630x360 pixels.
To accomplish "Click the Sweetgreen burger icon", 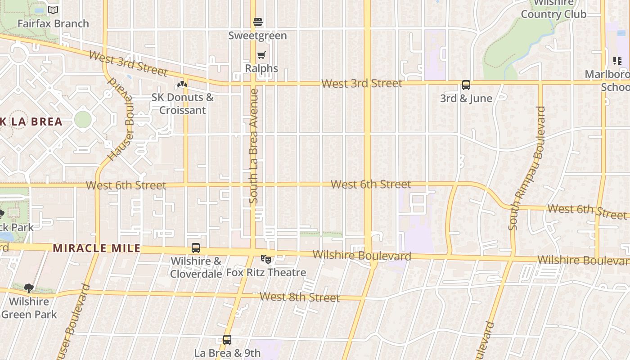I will tap(258, 22).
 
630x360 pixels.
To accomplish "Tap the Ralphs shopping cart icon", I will tap(261, 55).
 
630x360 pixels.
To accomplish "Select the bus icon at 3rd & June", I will tap(466, 85).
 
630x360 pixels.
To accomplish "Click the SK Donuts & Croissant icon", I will tap(182, 84).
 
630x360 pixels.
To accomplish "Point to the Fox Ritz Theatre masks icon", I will tap(266, 259).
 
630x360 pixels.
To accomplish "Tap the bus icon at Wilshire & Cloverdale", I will tap(196, 247).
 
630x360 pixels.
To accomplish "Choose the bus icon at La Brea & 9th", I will tap(227, 340).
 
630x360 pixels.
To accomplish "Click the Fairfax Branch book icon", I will tap(53, 10).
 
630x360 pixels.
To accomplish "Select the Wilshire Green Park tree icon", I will tap(29, 288).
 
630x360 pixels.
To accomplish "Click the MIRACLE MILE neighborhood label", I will tap(97, 248).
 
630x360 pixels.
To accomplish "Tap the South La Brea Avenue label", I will tap(254, 146).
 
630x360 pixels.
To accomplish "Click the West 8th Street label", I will tap(300, 297).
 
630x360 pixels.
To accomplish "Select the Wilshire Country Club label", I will tap(553, 9).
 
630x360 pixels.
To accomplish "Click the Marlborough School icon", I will tap(617, 60).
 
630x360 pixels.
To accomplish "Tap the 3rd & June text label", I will tap(466, 98).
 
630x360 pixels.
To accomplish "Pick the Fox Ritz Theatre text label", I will tap(266, 272).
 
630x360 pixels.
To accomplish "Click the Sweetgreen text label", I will tap(257, 36).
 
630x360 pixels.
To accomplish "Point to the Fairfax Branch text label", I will tap(53, 23).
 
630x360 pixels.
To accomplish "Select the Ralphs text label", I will tap(261, 68).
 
